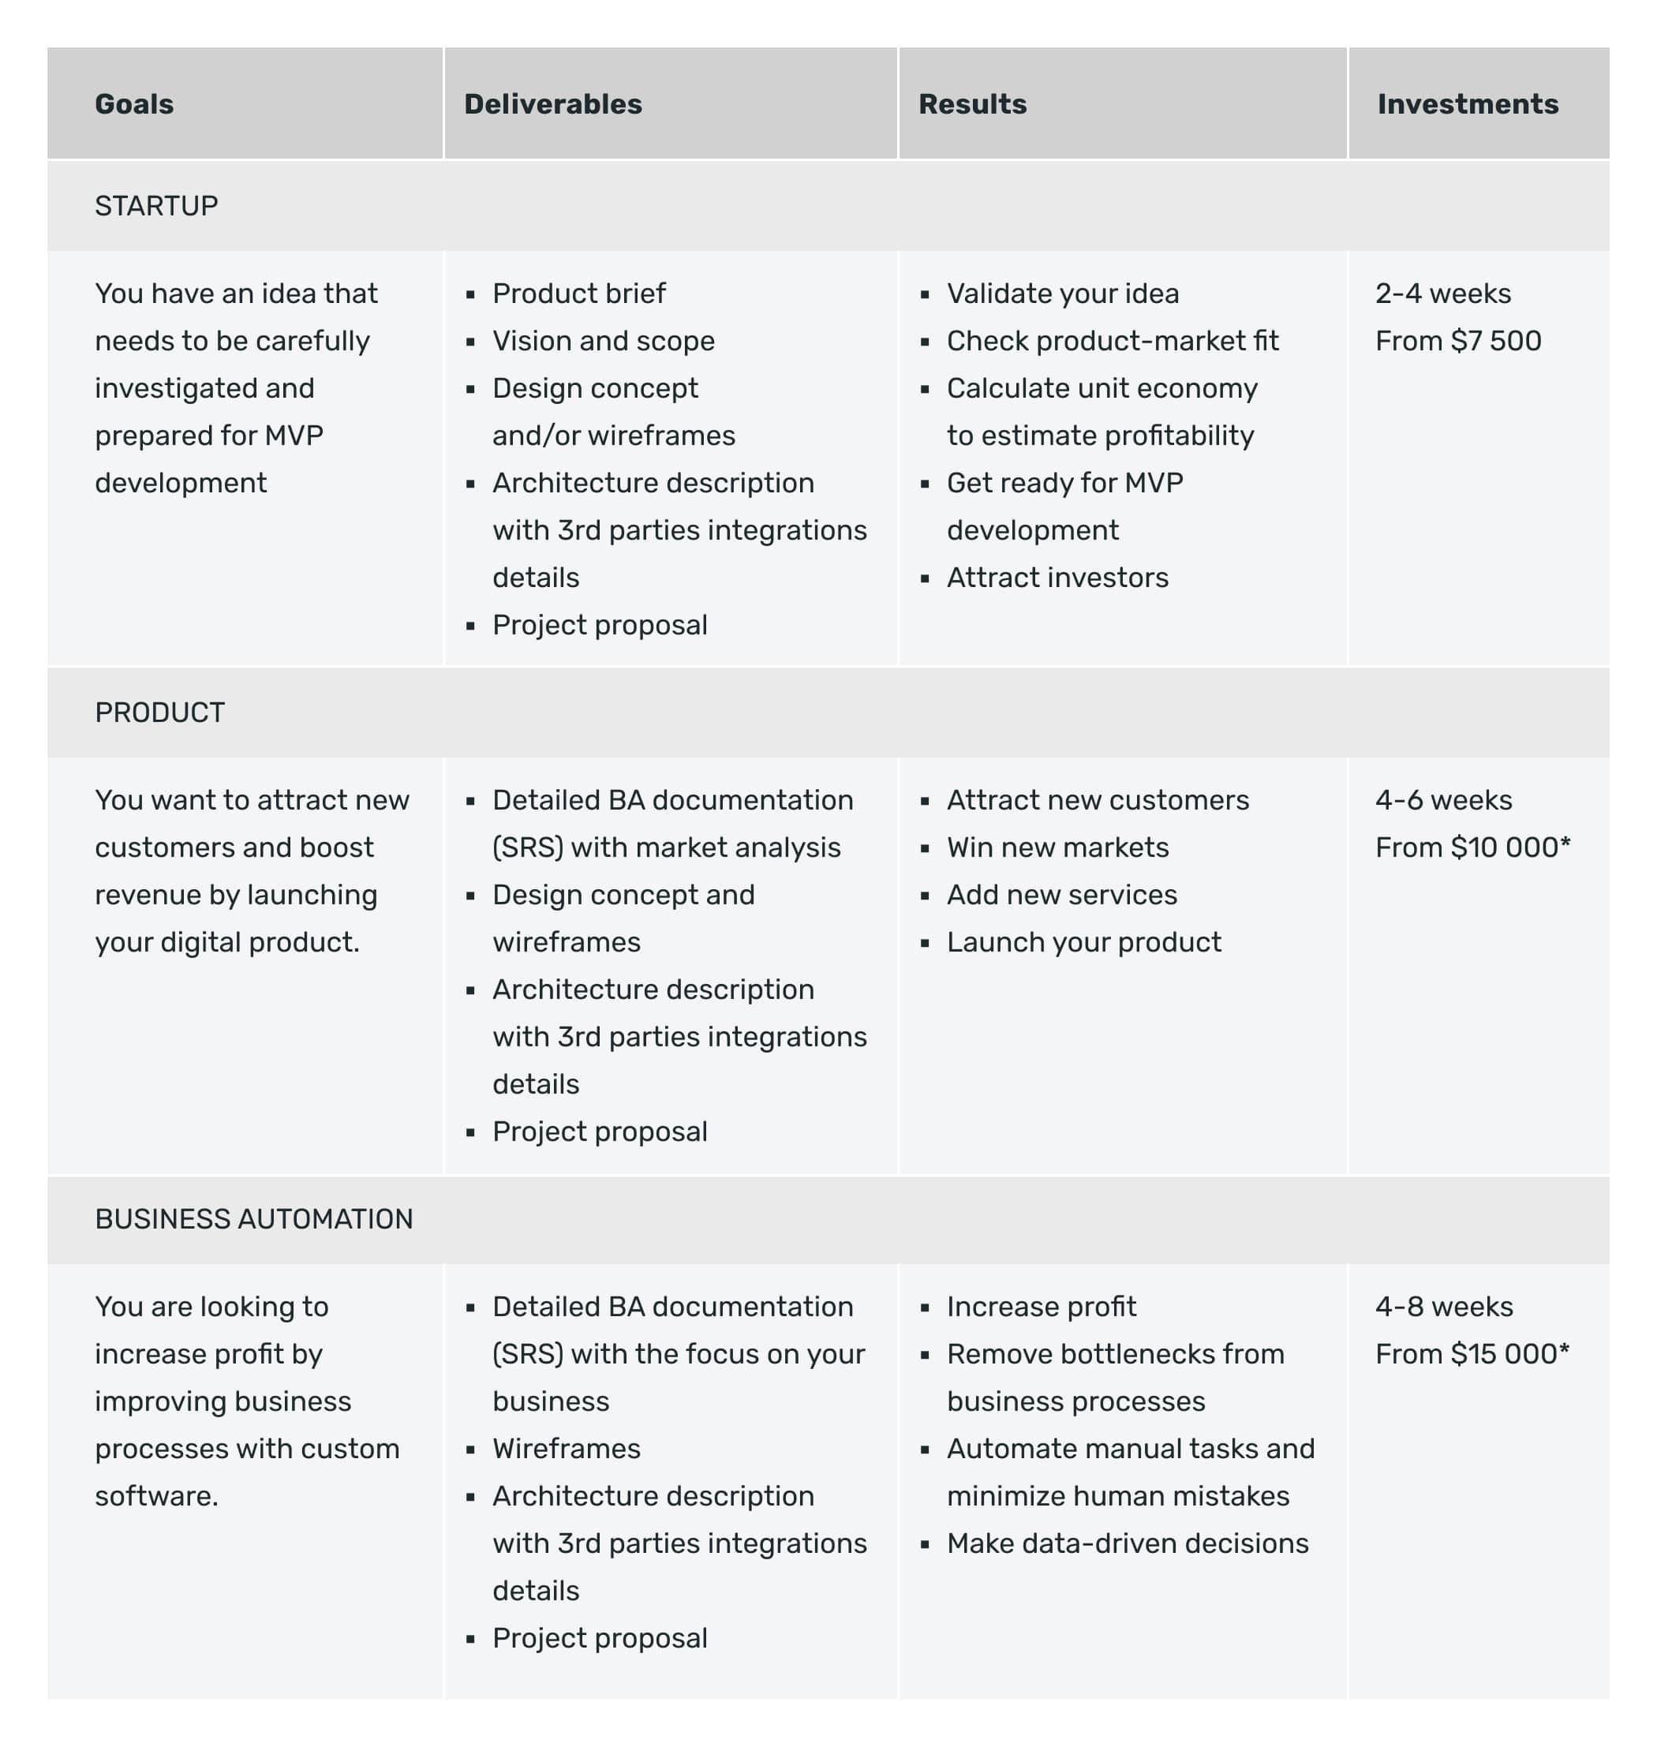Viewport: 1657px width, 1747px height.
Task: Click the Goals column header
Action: (x=134, y=104)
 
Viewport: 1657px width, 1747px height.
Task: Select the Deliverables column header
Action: (x=553, y=104)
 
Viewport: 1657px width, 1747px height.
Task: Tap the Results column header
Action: (x=972, y=104)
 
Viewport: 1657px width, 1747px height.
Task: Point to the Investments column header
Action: (x=1467, y=104)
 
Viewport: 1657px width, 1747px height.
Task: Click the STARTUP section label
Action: (x=156, y=206)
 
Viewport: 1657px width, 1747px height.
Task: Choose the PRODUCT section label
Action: (x=160, y=712)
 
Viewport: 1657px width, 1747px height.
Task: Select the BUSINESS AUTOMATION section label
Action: (x=253, y=1219)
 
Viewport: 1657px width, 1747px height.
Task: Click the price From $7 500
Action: (x=1457, y=341)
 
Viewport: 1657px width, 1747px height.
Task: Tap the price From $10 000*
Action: (x=1472, y=848)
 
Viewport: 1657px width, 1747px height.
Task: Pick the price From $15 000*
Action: (x=1472, y=1354)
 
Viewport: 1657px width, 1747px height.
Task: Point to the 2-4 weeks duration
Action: (x=1442, y=294)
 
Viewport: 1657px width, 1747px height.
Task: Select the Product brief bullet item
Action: (x=578, y=294)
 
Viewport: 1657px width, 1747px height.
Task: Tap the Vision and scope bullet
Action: (x=604, y=341)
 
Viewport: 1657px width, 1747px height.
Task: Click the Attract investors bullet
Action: (x=1057, y=578)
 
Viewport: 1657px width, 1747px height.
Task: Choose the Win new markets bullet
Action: (x=1057, y=848)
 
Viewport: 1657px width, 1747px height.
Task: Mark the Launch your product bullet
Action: (x=1084, y=942)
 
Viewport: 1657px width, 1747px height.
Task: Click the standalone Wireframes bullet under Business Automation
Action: (x=567, y=1449)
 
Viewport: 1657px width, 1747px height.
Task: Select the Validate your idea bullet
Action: (x=1063, y=294)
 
